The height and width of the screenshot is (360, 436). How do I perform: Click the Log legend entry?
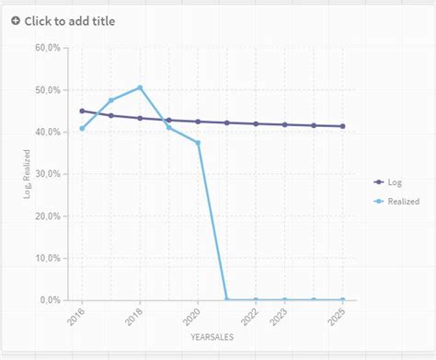click(395, 182)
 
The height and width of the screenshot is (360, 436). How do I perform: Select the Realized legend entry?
click(403, 201)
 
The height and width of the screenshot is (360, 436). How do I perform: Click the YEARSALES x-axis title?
click(212, 338)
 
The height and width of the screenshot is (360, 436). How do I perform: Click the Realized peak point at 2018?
click(140, 87)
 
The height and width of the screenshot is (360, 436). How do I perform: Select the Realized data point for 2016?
click(82, 128)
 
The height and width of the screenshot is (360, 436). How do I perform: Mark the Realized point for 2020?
click(198, 143)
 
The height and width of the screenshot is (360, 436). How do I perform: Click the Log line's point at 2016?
click(82, 110)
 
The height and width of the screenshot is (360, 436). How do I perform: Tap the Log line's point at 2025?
click(343, 126)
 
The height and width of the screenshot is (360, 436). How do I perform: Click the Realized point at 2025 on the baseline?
click(343, 300)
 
